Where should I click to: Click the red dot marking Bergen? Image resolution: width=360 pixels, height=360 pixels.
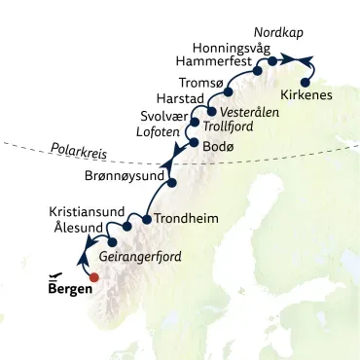coord(93,276)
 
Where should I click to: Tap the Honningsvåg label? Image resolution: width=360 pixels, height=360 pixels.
coord(233,46)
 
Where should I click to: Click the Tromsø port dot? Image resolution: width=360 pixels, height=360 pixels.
coord(229,92)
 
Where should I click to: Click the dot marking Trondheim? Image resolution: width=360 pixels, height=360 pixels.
coord(146,219)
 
